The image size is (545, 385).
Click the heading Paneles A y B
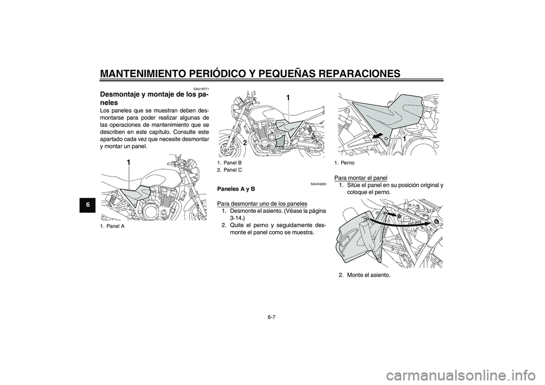236,189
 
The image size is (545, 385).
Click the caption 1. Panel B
229,163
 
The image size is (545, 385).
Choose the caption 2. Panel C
229,170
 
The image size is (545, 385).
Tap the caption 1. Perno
345,163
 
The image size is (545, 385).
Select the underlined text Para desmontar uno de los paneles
262,203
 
